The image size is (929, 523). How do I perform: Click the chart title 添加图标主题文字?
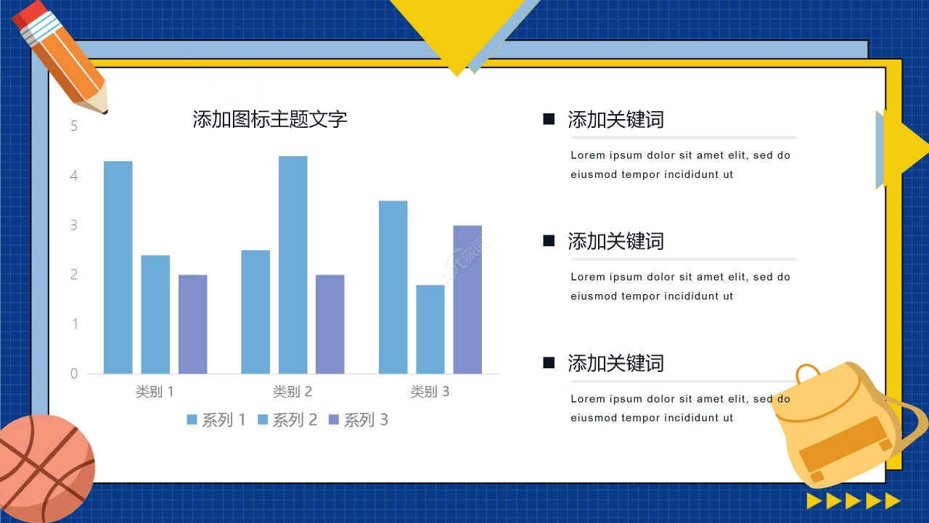tap(270, 119)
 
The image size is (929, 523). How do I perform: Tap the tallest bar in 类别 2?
tap(292, 265)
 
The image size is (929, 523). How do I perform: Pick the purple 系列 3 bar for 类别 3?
tap(467, 299)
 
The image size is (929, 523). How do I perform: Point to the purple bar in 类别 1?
tap(193, 324)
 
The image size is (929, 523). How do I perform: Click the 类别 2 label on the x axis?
tap(292, 392)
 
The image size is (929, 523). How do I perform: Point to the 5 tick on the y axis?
tap(74, 126)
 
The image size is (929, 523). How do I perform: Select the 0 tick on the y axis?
tap(74, 374)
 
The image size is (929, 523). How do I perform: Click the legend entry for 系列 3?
tap(359, 420)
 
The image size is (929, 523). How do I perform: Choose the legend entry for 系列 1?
tap(216, 420)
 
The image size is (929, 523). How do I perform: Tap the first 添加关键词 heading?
tap(615, 120)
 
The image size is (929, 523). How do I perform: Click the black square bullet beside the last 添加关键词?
tap(549, 362)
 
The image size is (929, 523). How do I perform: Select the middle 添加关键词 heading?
tap(615, 241)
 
